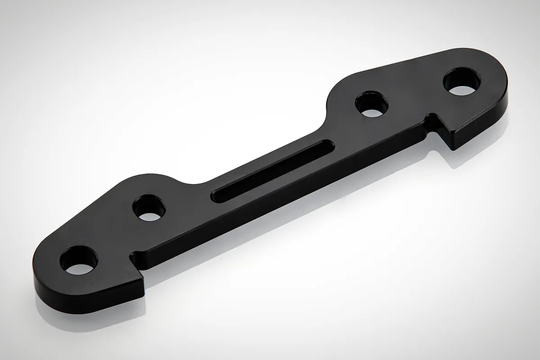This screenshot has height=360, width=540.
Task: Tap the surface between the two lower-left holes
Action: click(x=115, y=234)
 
